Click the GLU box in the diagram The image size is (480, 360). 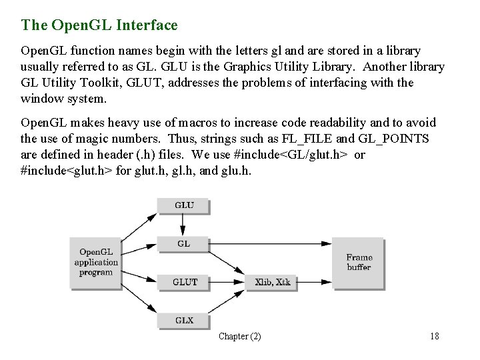183,205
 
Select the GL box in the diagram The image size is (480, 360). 183,244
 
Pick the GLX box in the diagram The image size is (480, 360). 183,321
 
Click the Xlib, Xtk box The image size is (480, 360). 271,281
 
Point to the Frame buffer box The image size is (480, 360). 359,262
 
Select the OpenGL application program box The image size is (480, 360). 95,262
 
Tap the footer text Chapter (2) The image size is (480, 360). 240,337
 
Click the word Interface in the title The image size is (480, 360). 147,25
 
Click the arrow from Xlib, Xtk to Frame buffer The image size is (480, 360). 315,277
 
